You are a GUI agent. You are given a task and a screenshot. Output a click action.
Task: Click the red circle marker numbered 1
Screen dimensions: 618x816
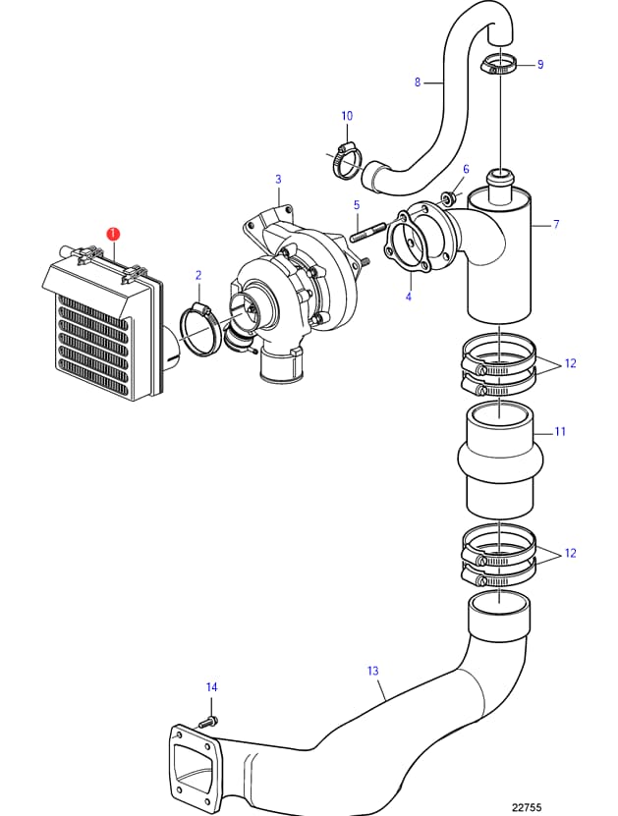[x=113, y=235]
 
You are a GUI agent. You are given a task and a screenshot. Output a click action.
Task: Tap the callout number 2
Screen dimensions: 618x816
[x=198, y=275]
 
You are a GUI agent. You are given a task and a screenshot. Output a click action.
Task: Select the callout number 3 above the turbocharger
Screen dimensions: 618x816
[x=279, y=180]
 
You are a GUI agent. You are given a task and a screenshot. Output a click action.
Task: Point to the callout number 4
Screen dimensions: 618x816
[x=409, y=297]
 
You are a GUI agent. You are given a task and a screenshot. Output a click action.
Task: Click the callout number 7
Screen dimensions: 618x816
[x=556, y=224]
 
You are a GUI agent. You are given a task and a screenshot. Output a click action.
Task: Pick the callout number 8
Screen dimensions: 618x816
[x=418, y=82]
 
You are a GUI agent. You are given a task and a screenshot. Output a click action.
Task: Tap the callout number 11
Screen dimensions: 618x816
[x=560, y=431]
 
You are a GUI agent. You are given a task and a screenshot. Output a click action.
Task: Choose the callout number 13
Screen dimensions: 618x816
[x=372, y=671]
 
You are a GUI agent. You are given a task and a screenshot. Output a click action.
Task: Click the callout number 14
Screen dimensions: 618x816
[x=211, y=687]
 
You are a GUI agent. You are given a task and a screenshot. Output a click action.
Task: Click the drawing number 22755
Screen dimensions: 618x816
[x=527, y=807]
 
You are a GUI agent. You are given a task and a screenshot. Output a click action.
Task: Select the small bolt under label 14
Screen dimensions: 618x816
[x=208, y=723]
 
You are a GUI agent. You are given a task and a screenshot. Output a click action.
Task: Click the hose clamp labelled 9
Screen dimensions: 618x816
[x=498, y=65]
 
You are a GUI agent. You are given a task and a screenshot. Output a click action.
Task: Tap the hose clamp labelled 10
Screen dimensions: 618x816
[x=345, y=160]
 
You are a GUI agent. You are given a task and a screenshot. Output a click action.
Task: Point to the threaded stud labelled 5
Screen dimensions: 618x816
[x=368, y=232]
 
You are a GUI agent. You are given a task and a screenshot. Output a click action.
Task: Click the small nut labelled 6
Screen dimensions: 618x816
[x=448, y=197]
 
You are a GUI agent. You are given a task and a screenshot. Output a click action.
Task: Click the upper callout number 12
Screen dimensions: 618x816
[x=571, y=363]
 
